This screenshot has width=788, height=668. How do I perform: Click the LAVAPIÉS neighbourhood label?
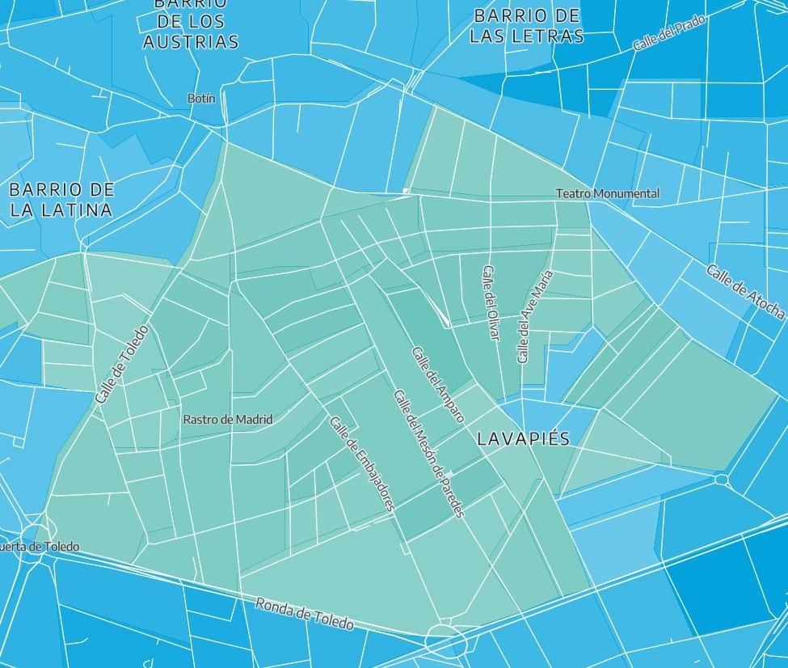point(523,439)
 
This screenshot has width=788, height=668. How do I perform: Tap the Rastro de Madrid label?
point(227,420)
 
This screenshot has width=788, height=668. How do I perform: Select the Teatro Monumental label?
point(607,193)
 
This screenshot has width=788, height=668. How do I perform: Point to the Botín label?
point(201,98)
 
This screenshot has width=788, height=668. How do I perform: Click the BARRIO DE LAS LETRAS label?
point(526,26)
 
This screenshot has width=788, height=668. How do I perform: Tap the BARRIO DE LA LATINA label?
point(61,200)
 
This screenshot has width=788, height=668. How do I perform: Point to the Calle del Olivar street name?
point(491,302)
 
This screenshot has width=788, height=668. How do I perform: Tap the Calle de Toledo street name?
point(122,365)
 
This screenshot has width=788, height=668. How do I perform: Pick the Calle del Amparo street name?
point(437,384)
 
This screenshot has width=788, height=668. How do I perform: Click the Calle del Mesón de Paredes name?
point(428,454)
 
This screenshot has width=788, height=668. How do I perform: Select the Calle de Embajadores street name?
point(362,463)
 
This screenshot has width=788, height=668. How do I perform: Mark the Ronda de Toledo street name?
point(305,614)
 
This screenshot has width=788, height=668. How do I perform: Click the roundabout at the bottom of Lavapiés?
point(446,641)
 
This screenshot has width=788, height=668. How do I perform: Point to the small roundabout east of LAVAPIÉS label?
point(722,480)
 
